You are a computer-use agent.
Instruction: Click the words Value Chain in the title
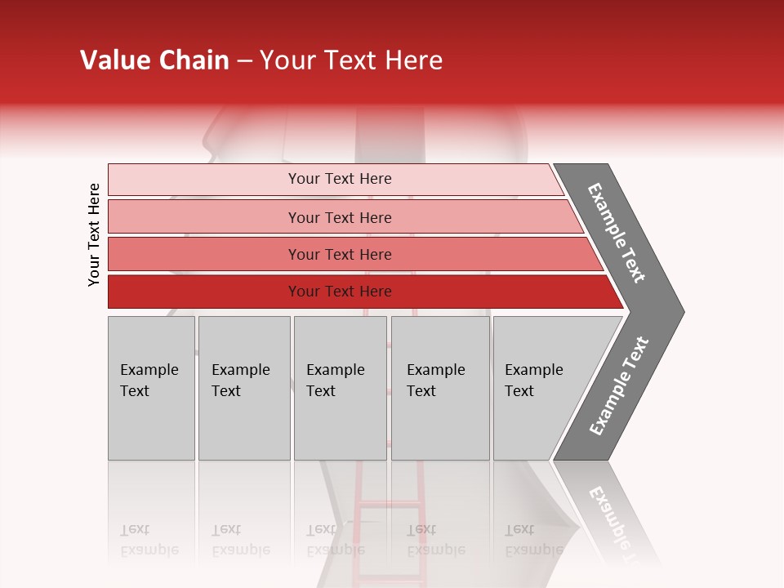tap(154, 60)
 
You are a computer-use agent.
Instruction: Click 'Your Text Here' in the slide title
tap(351, 60)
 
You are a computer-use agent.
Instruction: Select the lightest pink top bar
tap(204, 180)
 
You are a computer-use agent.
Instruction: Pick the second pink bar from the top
tap(204, 217)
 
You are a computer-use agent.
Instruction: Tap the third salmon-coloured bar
tap(204, 254)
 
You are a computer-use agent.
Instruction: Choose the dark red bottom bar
tap(204, 292)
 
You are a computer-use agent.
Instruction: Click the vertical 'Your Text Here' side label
tap(94, 234)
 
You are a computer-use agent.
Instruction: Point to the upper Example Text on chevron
tap(617, 233)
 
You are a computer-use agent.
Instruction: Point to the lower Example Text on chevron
tap(619, 386)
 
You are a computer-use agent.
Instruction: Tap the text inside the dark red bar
tap(340, 292)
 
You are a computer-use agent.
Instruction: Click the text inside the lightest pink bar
tap(340, 179)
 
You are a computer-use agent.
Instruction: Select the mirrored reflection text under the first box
tap(149, 541)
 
